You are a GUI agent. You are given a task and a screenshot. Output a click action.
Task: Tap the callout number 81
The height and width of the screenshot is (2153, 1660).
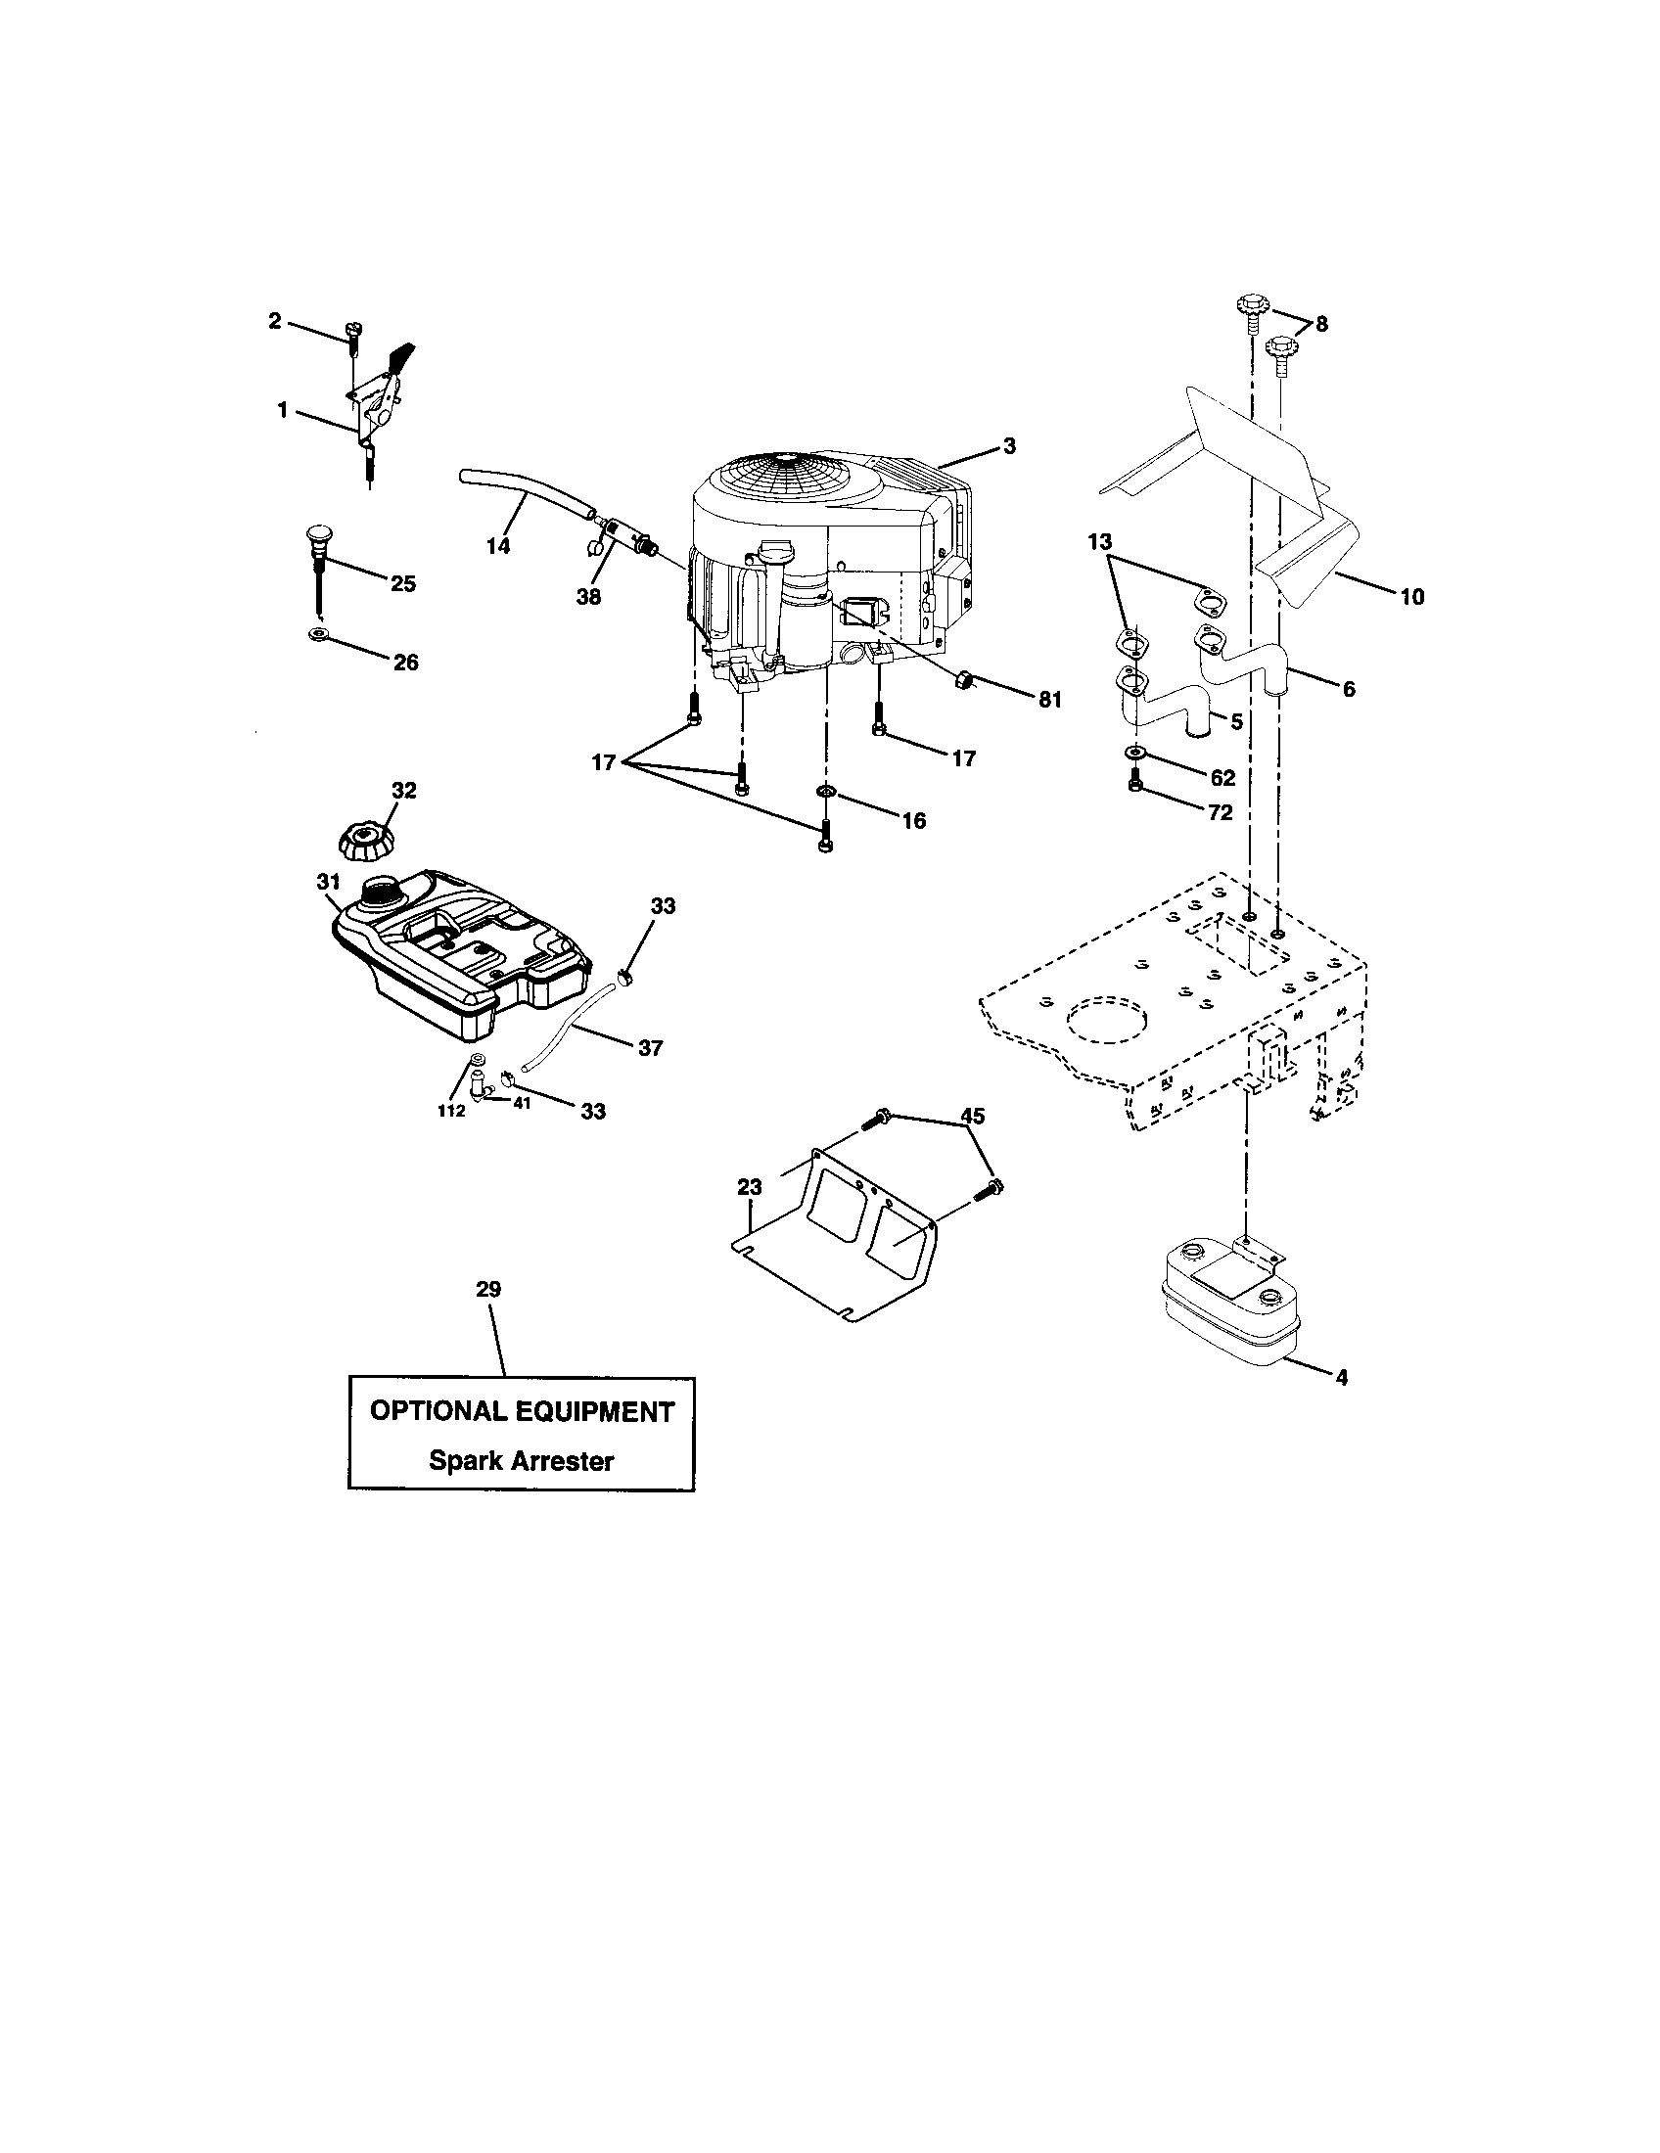(x=1050, y=700)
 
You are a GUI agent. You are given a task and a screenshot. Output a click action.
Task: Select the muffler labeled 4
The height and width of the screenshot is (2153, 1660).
(x=1231, y=1304)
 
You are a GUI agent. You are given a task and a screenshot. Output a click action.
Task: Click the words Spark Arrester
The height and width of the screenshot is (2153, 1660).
(x=521, y=1461)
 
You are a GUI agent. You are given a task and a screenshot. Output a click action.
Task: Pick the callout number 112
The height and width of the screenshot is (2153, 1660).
(x=451, y=1111)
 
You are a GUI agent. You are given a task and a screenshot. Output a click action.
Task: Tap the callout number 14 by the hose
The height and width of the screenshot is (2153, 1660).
(x=499, y=545)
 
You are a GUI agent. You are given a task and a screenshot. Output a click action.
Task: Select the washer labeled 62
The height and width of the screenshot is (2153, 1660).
(x=1135, y=755)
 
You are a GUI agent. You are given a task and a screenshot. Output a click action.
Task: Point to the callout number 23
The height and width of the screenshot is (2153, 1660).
(x=749, y=1187)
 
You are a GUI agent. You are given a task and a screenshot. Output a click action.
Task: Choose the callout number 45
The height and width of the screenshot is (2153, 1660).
(x=972, y=1116)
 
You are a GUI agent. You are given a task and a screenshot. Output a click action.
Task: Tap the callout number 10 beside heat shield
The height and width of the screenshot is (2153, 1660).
(x=1411, y=596)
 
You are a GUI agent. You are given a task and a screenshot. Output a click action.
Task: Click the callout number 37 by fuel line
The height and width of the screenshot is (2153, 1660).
(x=650, y=1048)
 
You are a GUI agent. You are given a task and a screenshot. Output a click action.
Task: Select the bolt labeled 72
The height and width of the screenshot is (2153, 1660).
(x=1135, y=785)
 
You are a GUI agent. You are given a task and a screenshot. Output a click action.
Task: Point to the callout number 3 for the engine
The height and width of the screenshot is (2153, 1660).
(x=1008, y=445)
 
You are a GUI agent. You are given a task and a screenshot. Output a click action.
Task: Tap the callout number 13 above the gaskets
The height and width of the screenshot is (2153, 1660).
(x=1099, y=541)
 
